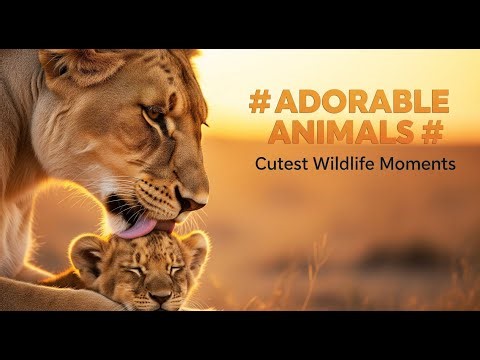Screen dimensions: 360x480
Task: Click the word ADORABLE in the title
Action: pyautogui.click(x=358, y=103)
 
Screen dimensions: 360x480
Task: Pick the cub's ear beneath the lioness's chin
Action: pyautogui.click(x=195, y=243)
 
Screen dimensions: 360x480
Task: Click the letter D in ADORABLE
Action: pyautogui.click(x=310, y=103)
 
